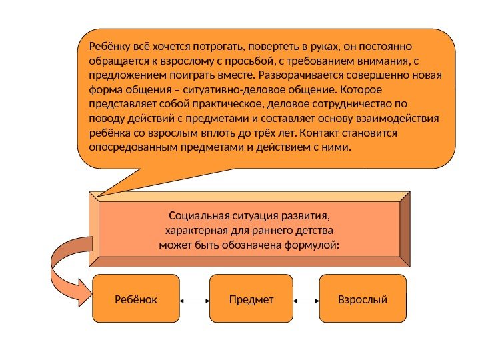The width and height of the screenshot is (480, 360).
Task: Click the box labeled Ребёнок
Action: point(136,300)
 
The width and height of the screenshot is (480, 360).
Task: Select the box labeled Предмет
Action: point(251,300)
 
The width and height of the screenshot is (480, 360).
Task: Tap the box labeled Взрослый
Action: point(363,300)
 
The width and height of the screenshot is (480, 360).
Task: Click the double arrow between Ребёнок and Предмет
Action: point(195,301)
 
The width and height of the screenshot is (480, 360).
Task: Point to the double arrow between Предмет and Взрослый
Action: point(307,301)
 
